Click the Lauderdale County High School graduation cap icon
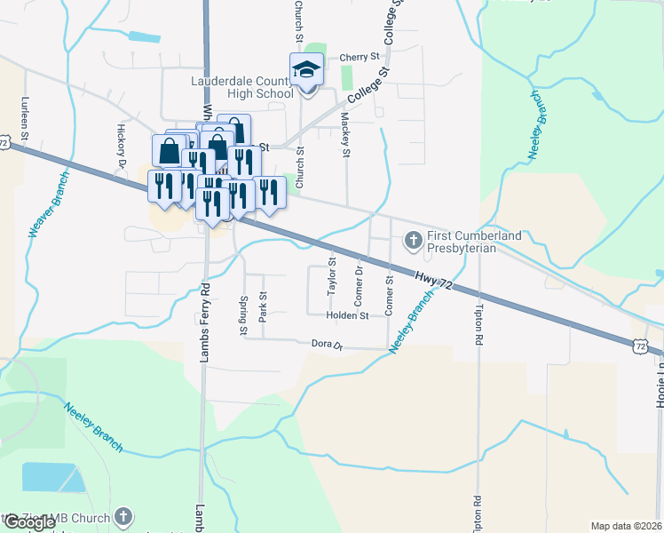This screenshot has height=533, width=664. pos(307,68)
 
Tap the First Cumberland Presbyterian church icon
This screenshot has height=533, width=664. pos(413,240)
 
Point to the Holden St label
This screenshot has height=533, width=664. pos(347,315)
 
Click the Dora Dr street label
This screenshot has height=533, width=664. pos(327,344)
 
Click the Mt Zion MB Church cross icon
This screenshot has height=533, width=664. pos(123,516)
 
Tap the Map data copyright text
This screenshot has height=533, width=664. pos(626,526)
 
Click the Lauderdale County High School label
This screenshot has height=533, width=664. pos(242,87)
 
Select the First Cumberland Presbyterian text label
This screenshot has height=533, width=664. pos(474,242)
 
